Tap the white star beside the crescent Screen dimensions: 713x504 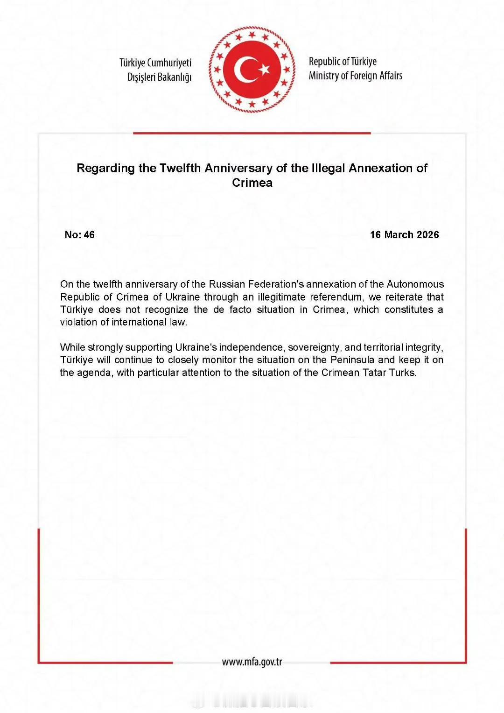pyautogui.click(x=265, y=70)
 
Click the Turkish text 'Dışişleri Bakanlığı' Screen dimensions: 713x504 pyautogui.click(x=160, y=77)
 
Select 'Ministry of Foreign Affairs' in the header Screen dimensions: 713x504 pyautogui.click(x=355, y=76)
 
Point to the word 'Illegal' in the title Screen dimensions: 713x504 pyautogui.click(x=328, y=168)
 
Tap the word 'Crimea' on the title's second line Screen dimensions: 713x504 pyautogui.click(x=252, y=183)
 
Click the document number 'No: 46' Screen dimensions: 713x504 pyautogui.click(x=79, y=235)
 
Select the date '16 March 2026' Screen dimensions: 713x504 pyautogui.click(x=404, y=235)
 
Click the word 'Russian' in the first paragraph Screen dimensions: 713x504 pyautogui.click(x=227, y=284)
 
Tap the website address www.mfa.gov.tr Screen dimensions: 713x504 pyautogui.click(x=252, y=662)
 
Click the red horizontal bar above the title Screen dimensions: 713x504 pyautogui.click(x=252, y=133)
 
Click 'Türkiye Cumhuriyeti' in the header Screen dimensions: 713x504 pyautogui.click(x=155, y=63)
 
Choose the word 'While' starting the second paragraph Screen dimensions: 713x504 pyautogui.click(x=72, y=347)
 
